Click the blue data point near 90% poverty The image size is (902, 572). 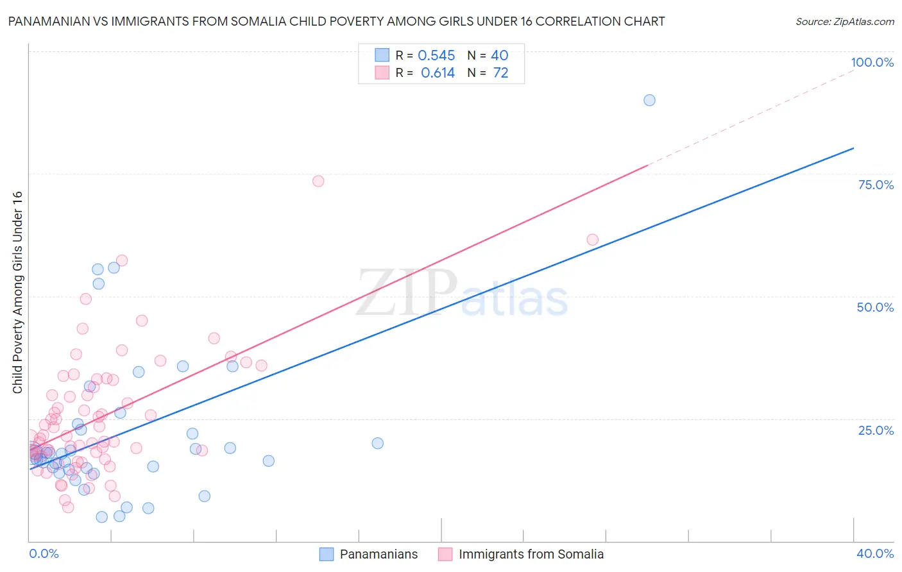(649, 100)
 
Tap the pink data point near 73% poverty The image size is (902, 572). (318, 181)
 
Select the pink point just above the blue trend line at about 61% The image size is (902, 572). (592, 240)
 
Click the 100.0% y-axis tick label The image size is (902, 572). (872, 62)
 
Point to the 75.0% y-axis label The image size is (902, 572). (876, 185)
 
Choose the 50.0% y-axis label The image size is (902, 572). (875, 307)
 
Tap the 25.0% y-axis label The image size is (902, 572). (876, 430)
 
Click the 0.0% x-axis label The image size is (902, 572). (44, 553)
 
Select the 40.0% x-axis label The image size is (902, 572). (875, 553)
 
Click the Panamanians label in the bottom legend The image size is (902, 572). (379, 554)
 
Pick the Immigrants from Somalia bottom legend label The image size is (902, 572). (531, 554)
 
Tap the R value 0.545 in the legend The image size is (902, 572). (436, 56)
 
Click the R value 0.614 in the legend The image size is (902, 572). (438, 73)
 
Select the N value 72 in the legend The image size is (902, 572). (500, 73)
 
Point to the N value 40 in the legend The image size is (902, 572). (499, 56)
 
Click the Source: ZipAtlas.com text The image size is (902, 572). (844, 21)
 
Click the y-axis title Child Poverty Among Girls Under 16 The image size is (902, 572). (17, 292)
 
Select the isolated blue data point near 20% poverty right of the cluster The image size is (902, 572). (377, 443)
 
